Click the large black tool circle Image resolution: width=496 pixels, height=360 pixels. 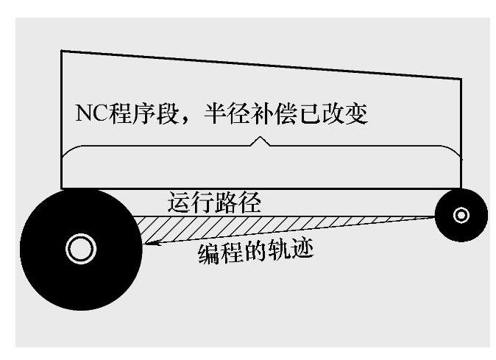pyautogui.click(x=81, y=250)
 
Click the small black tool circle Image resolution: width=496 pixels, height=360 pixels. pyautogui.click(x=461, y=215)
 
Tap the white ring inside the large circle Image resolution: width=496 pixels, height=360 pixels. pyautogui.click(x=81, y=249)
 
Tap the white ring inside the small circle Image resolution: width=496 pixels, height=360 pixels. pyautogui.click(x=461, y=215)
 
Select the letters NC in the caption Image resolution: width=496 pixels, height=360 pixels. pyautogui.click(x=92, y=113)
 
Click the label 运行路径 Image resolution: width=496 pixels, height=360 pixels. pyautogui.click(x=214, y=202)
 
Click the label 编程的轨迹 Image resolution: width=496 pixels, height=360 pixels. pyautogui.click(x=255, y=252)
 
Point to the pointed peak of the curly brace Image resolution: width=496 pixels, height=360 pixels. pyautogui.click(x=260, y=137)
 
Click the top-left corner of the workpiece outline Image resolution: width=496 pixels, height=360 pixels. pyautogui.click(x=61, y=51)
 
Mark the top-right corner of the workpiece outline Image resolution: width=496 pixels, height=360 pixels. pyautogui.click(x=461, y=79)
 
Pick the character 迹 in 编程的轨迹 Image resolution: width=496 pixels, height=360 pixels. pyautogui.click(x=302, y=250)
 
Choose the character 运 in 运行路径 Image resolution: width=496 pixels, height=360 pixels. pyautogui.click(x=179, y=202)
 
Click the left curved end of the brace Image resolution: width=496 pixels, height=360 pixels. pyautogui.click(x=68, y=151)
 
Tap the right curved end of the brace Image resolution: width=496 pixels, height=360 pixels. pyautogui.click(x=454, y=151)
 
